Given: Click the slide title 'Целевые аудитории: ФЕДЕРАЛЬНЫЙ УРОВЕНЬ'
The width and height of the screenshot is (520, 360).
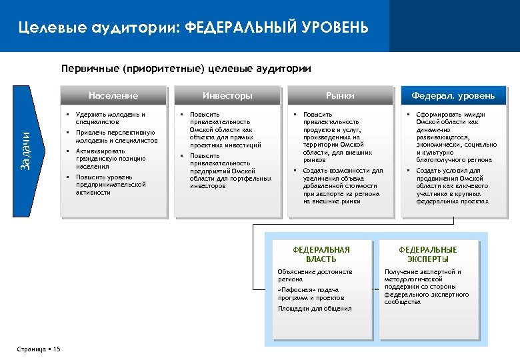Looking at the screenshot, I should [193, 27].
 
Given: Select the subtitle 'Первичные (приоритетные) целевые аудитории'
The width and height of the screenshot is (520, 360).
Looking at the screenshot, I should [186, 68].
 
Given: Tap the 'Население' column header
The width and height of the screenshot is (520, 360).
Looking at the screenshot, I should [113, 96].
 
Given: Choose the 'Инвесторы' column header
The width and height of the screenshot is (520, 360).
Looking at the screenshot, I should [227, 96].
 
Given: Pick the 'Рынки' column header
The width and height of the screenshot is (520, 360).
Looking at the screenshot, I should [340, 96].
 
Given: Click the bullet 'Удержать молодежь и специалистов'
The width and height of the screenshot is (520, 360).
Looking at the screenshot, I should [110, 119].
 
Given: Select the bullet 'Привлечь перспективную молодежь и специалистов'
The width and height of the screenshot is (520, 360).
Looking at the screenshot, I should [116, 137].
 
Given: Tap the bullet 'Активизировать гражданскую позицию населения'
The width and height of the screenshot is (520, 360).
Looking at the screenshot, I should [111, 159].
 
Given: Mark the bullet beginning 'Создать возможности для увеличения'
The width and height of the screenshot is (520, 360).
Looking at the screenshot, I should [343, 185].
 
